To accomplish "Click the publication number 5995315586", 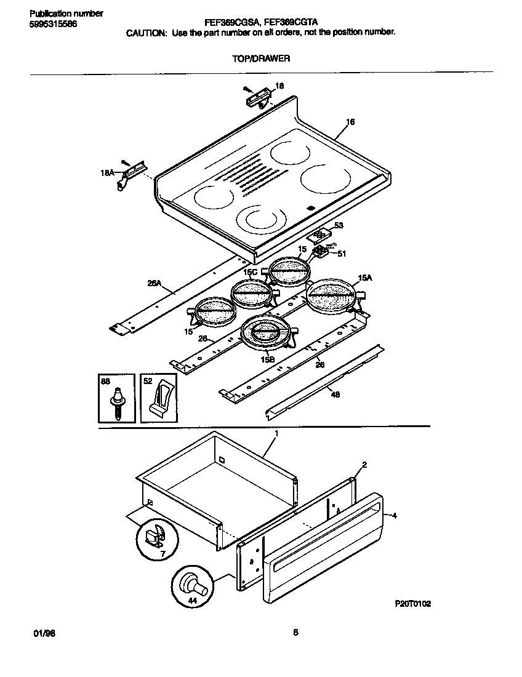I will (53, 23).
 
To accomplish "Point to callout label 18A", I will (107, 174).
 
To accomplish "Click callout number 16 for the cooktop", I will (350, 122).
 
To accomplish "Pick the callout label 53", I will (338, 226).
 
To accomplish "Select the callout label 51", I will (342, 253).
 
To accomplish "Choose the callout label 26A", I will (154, 284).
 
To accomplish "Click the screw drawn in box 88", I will (116, 404).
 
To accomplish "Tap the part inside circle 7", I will (154, 536).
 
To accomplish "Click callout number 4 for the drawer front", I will (395, 516).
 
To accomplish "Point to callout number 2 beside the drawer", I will (364, 465).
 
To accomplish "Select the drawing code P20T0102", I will (412, 604).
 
